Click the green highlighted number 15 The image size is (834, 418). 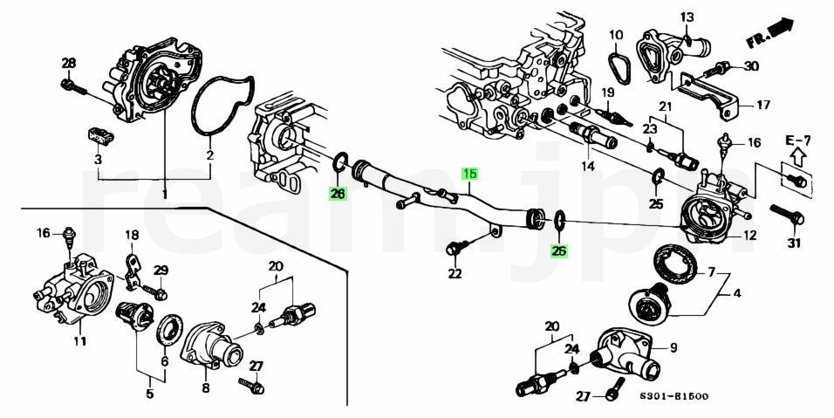click(x=469, y=174)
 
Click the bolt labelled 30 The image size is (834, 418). click(x=721, y=67)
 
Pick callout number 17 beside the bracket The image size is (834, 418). click(x=762, y=106)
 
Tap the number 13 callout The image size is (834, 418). click(x=687, y=17)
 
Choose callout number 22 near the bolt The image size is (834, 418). click(x=455, y=273)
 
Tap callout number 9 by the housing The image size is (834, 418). click(x=673, y=347)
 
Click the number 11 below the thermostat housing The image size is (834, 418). click(x=79, y=340)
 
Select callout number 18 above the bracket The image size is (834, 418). click(x=132, y=235)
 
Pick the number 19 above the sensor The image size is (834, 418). click(x=607, y=92)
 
